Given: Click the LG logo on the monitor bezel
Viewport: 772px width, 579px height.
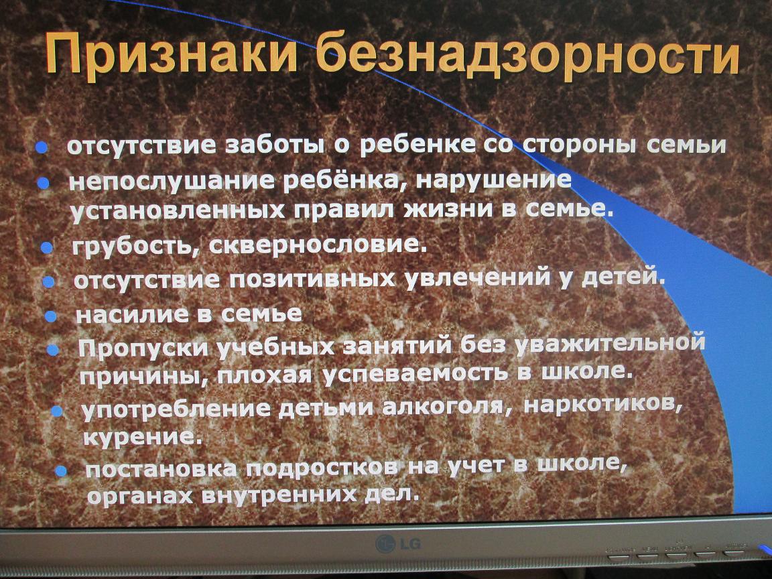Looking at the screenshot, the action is point(398,543).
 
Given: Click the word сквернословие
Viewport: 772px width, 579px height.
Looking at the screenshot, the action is point(318,244).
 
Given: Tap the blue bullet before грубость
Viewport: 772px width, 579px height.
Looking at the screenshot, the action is point(46,247).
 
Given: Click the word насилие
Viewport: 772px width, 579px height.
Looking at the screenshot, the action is point(133,314).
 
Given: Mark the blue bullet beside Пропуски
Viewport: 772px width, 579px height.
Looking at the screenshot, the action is point(52,350).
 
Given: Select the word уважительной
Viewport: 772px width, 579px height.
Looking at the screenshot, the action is point(610,344).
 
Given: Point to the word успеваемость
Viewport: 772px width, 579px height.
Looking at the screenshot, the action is point(415,375).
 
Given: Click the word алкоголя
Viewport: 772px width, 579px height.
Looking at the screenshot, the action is point(446,407).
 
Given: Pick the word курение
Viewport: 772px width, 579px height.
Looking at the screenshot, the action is point(143,437).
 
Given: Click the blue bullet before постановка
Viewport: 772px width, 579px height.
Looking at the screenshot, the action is point(60,470).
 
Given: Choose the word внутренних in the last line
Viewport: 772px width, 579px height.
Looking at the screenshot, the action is point(279,495).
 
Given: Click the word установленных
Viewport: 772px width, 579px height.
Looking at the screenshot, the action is point(178,210).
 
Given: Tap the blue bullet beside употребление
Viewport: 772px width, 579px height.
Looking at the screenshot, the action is point(56,410).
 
